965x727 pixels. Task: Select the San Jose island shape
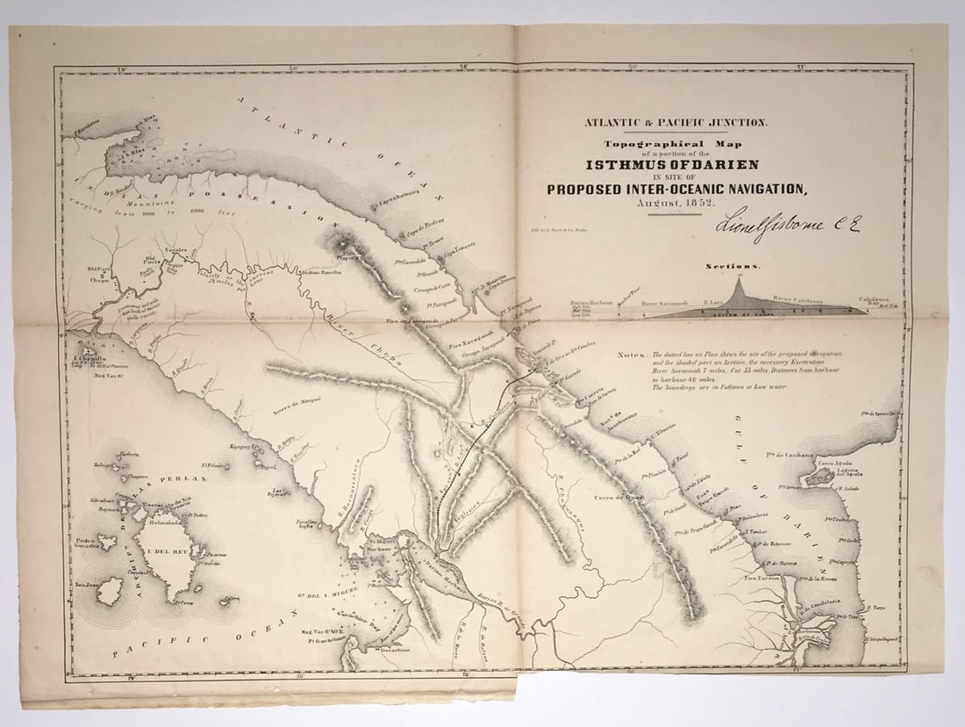tap(110, 591)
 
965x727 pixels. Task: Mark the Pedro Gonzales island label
tap(86, 544)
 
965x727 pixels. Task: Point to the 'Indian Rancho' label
tap(319, 272)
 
